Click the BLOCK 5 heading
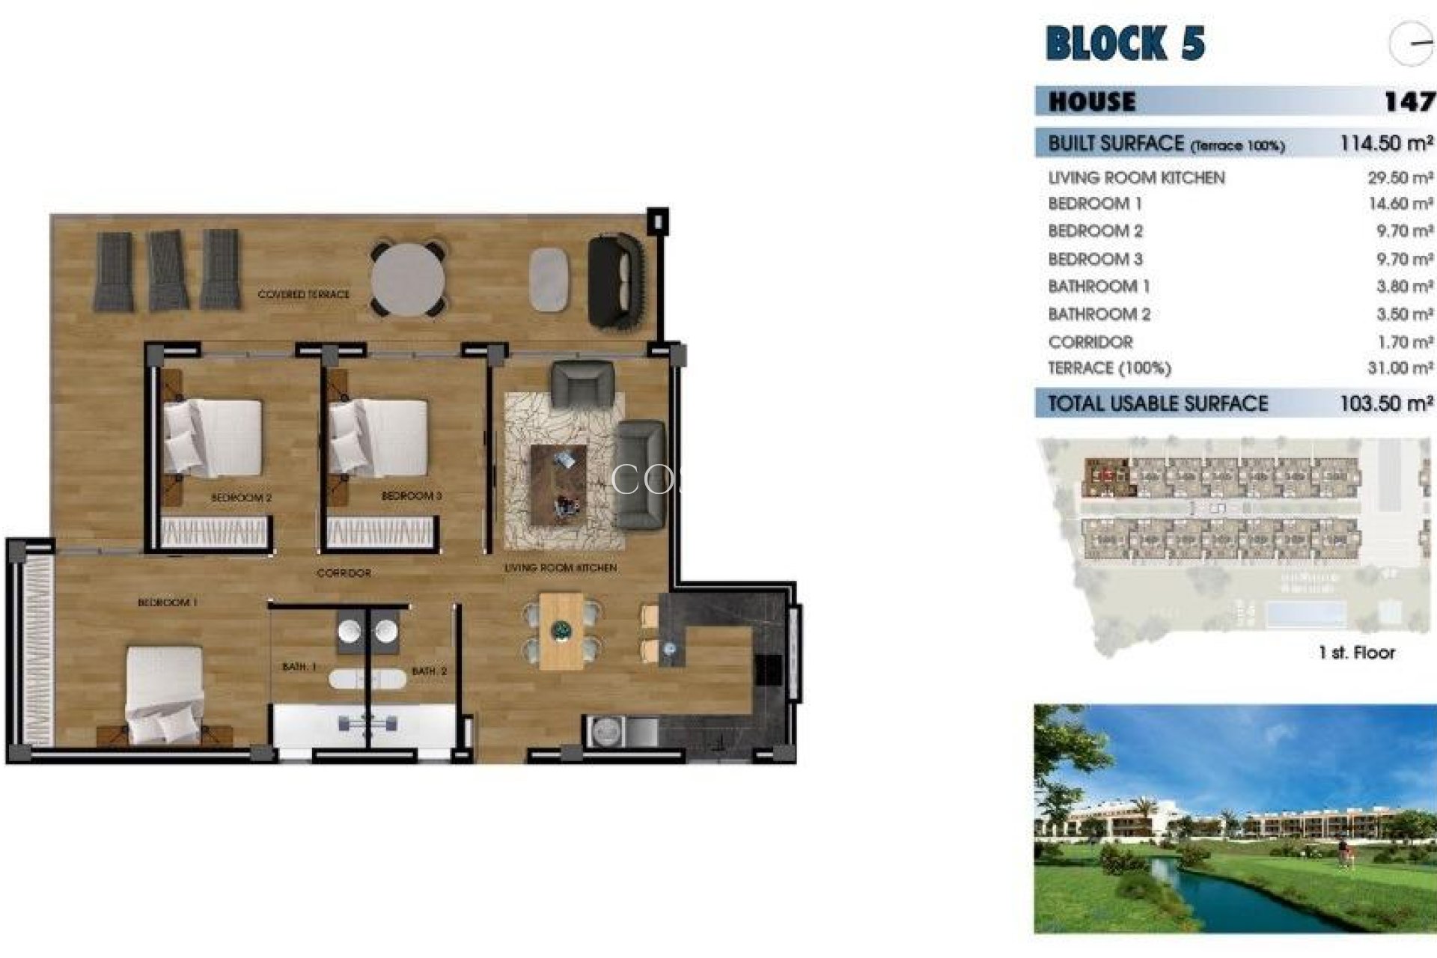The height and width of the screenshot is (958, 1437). click(1125, 43)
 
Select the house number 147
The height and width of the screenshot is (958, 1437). click(1409, 101)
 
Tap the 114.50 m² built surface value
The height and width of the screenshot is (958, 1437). click(1386, 143)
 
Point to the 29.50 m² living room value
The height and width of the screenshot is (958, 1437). click(1400, 178)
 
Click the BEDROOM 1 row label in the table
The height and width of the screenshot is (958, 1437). click(1095, 204)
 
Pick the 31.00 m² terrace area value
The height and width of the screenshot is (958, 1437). click(1400, 368)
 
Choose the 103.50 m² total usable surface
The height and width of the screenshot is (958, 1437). click(1386, 403)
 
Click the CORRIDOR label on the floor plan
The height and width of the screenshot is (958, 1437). click(344, 573)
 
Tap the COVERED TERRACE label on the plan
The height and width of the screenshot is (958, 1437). click(303, 294)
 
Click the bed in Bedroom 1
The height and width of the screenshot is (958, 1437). click(165, 692)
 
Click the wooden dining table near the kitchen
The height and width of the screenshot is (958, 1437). click(561, 631)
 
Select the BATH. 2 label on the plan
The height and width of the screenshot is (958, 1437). click(429, 671)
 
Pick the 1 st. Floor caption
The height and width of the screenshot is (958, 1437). click(1356, 653)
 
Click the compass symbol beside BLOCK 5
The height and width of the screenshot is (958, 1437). click(1410, 44)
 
